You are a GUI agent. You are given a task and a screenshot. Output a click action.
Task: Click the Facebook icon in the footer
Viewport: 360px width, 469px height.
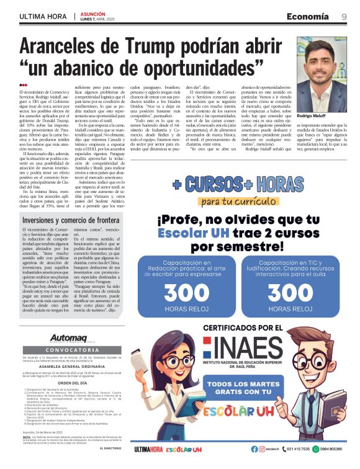254,449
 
